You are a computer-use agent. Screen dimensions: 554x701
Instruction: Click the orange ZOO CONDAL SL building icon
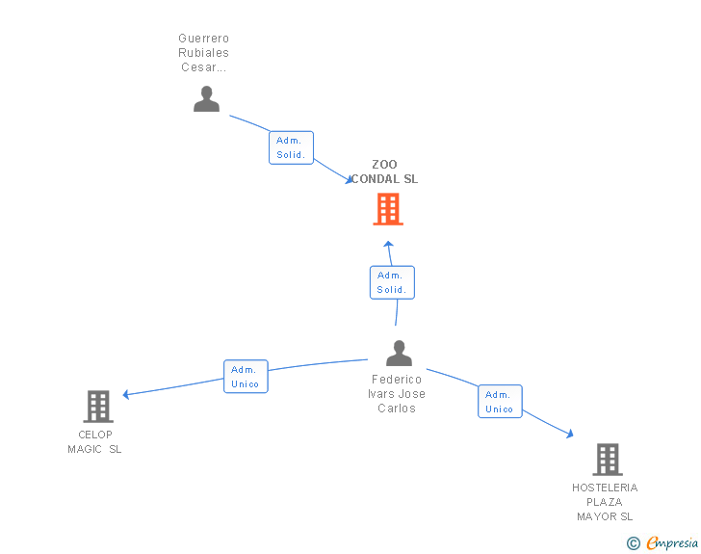point(388,209)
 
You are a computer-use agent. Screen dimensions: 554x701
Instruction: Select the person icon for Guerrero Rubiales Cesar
point(206,99)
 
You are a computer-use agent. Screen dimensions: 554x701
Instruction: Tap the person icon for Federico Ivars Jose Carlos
point(399,354)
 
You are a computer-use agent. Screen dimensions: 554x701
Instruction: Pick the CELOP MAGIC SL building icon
point(97,407)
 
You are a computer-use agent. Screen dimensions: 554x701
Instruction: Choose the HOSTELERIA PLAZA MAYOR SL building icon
point(607,460)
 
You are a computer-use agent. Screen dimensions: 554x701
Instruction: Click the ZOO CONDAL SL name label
point(384,171)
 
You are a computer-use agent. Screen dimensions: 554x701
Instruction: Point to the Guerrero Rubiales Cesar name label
point(203,53)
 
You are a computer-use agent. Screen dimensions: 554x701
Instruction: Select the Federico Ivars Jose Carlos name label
point(397,394)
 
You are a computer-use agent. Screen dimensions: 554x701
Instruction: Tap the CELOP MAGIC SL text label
point(94,441)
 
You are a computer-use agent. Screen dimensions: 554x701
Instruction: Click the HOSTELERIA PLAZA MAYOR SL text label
point(605,502)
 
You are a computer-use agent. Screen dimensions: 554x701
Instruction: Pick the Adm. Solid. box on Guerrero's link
point(291,147)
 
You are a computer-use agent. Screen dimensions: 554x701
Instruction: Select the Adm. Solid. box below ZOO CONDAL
point(392,282)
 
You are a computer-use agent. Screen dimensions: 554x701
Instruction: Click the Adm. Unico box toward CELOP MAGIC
point(246,377)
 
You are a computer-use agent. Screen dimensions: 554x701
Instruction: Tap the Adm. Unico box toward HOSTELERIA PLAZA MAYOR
point(500,402)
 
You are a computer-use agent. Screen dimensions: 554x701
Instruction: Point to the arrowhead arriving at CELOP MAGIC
point(126,394)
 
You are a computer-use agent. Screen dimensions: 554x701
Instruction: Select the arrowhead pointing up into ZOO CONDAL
point(388,245)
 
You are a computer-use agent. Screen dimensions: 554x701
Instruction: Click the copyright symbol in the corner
point(633,543)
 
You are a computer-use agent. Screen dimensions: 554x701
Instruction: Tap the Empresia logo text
point(672,543)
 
